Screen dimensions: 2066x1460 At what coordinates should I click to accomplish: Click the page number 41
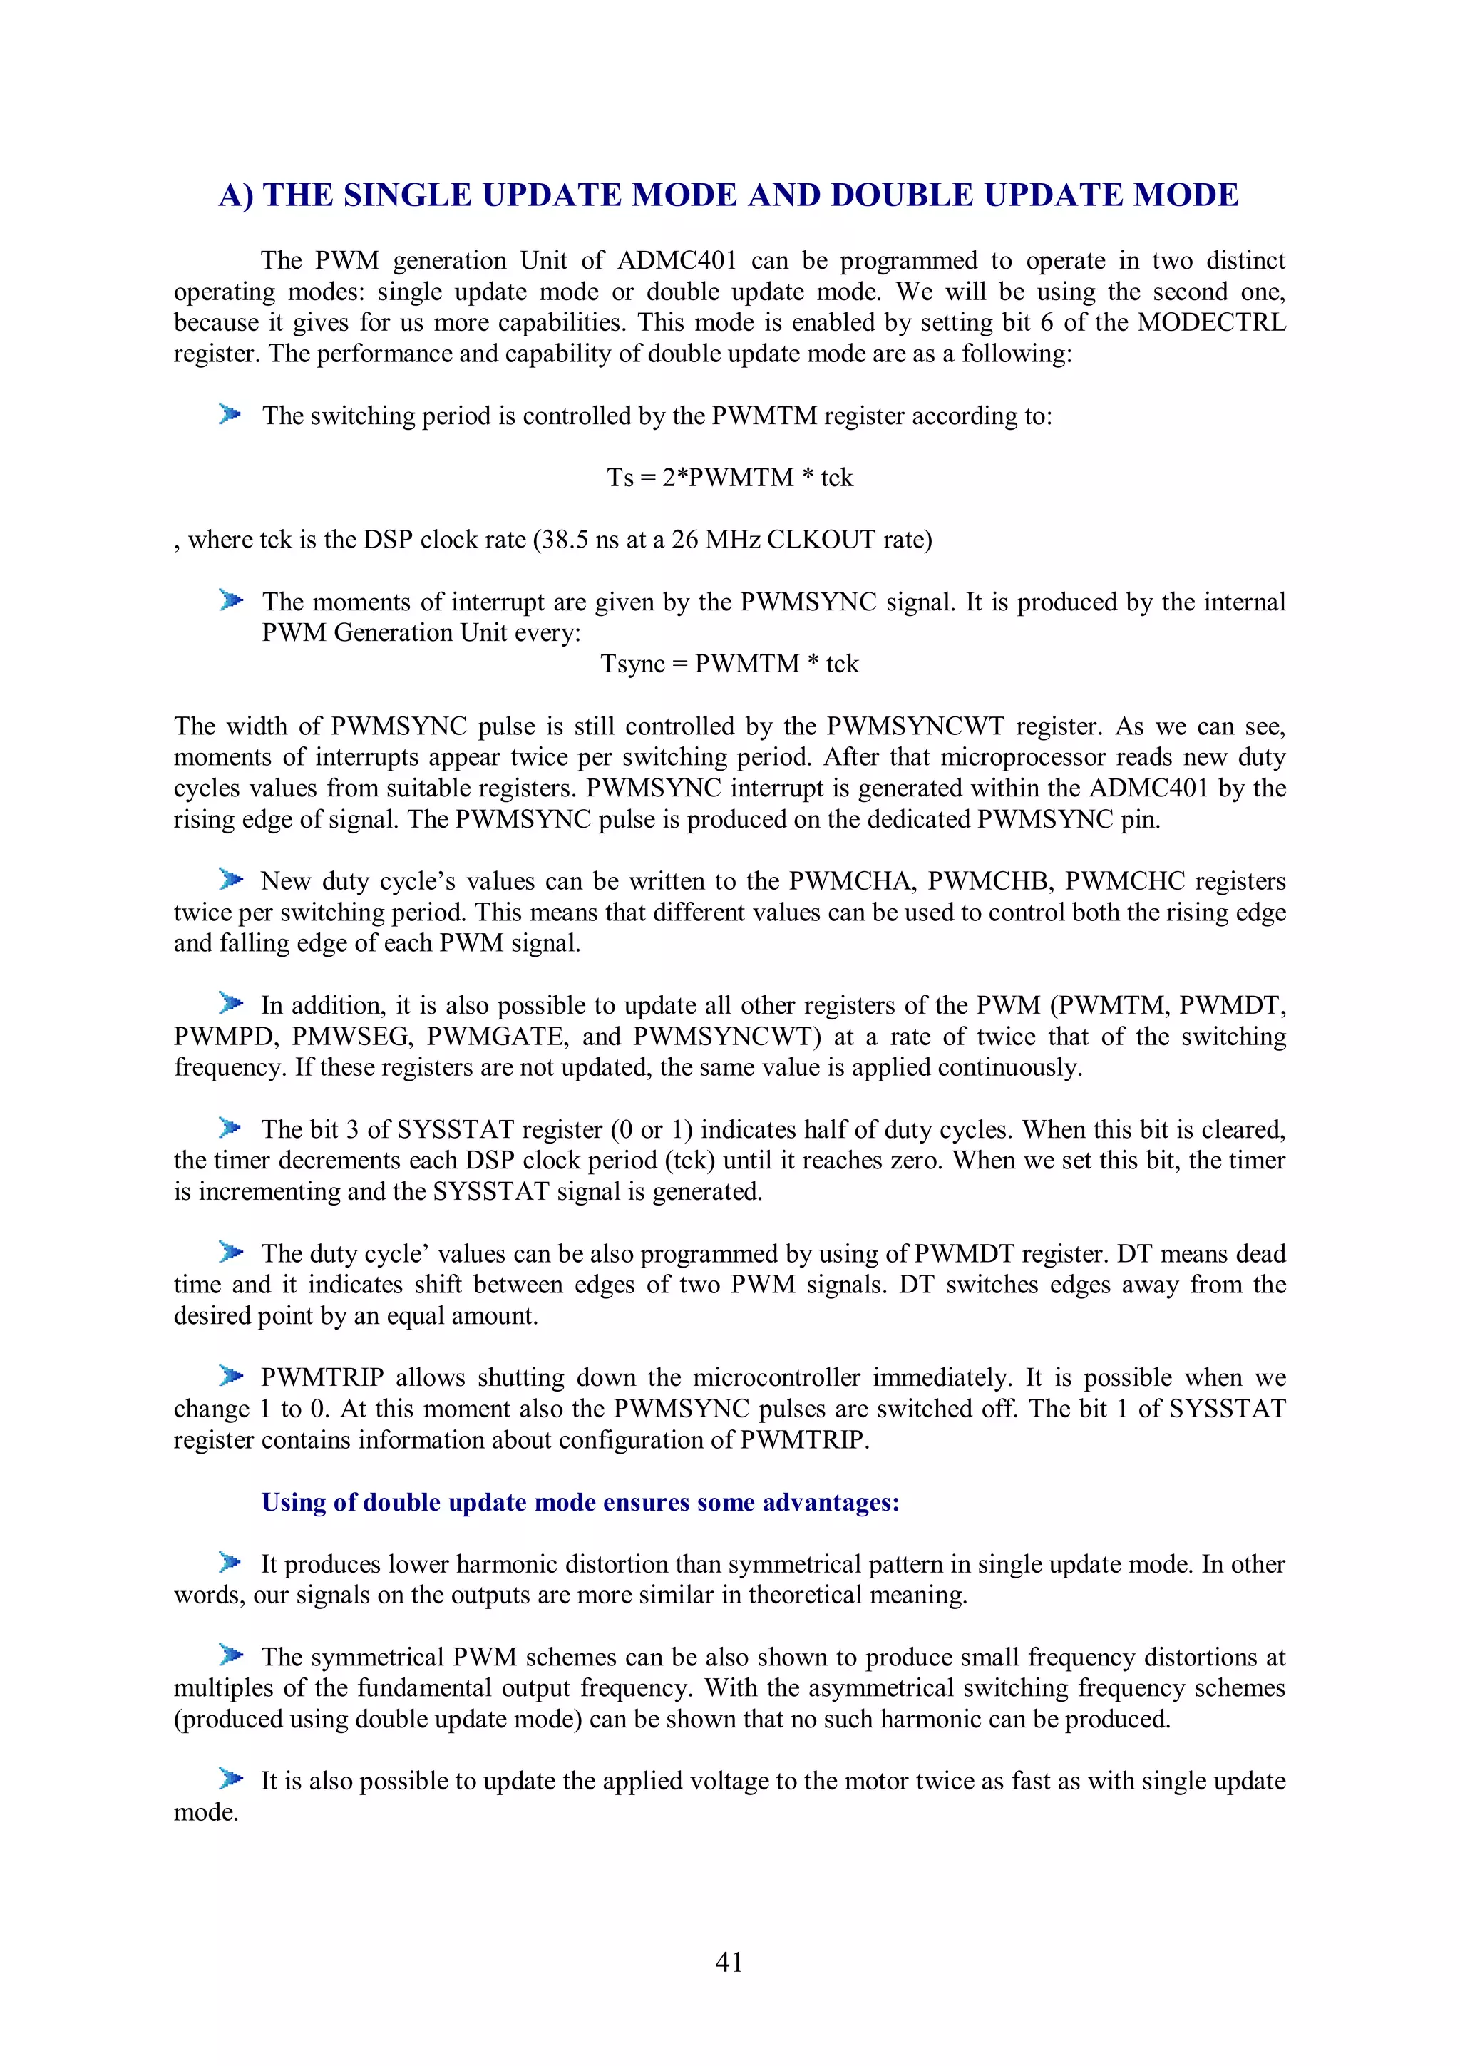tap(729, 1962)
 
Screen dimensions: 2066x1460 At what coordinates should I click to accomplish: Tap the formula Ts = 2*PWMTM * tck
tap(729, 478)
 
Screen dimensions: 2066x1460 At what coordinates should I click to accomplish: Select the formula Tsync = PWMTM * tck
tap(729, 664)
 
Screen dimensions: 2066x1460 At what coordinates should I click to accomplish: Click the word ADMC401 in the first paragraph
tap(677, 261)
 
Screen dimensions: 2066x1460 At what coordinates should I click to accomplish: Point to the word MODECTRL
tap(1210, 322)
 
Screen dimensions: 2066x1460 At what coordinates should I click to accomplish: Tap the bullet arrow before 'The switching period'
tap(230, 415)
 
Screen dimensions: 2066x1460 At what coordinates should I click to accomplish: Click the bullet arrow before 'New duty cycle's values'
tap(230, 879)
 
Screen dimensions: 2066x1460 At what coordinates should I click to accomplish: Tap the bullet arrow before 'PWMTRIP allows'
tap(230, 1376)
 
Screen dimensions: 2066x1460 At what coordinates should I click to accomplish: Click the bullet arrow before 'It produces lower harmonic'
tap(230, 1562)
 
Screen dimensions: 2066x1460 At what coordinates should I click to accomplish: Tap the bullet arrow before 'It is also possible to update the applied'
tap(230, 1779)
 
